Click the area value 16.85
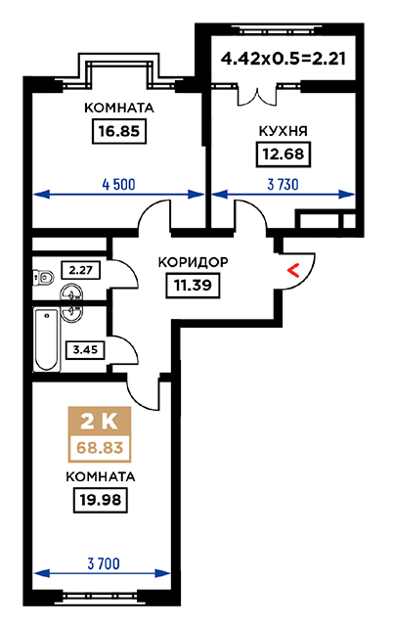[119, 131]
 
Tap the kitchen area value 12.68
[283, 154]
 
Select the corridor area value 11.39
[193, 285]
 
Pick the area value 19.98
[100, 500]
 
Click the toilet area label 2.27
[80, 270]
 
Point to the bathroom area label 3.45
[85, 350]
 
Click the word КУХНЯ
[283, 131]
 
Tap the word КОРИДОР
[194, 262]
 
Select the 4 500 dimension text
[118, 185]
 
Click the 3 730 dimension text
[283, 185]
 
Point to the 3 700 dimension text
[104, 563]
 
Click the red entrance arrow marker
[293, 271]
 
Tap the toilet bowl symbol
[43, 277]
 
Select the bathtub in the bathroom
[46, 339]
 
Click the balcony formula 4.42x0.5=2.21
[283, 59]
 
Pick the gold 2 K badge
[100, 421]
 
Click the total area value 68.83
[100, 448]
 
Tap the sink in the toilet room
[71, 294]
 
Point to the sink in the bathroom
[71, 313]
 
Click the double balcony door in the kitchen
[257, 96]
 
